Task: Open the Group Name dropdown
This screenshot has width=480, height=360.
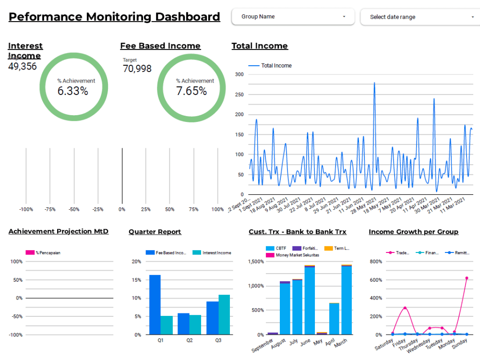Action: coord(293,17)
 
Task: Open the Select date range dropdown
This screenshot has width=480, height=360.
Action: coord(420,17)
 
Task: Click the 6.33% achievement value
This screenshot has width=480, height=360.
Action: coord(73,91)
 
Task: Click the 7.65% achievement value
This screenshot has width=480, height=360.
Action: coord(192,91)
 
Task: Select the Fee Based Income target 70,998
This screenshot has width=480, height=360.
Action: coord(137,69)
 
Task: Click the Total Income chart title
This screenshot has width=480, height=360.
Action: coord(260,46)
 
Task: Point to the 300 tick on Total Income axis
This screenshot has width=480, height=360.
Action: coord(239,74)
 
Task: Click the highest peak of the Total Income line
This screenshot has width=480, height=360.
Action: coord(374,83)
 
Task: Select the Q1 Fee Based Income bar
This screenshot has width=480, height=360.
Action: coord(155,305)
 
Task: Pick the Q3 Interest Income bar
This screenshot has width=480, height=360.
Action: coord(224,314)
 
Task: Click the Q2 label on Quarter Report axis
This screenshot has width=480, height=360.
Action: coord(189,340)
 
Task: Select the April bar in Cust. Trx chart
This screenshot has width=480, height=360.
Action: coord(334,319)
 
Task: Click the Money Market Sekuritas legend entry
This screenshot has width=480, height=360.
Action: coord(297,255)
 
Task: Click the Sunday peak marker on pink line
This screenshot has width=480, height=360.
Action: coord(466,278)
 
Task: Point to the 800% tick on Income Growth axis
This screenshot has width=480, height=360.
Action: coord(375,262)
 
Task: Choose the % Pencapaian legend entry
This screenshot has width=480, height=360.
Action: coord(48,252)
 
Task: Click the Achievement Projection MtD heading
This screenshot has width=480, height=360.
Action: coord(59,231)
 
